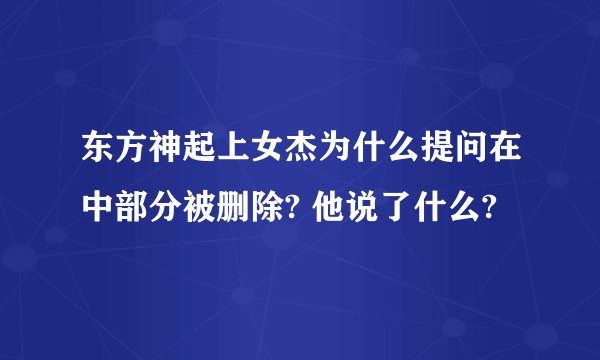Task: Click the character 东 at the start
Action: (99, 155)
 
